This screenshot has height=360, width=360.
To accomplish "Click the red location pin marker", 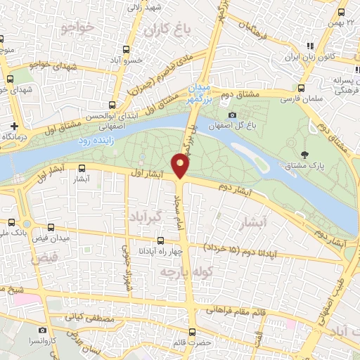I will coord(181,166).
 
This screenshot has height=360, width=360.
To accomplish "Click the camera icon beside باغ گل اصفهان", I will coord(233,115).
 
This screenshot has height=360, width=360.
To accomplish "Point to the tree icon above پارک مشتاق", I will coord(304,154).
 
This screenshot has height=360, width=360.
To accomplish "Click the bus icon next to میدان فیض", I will coord(51,228).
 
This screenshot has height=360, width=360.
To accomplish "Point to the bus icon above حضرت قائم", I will coord(192,331).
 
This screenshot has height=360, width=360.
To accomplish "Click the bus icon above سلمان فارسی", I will coord(301,89).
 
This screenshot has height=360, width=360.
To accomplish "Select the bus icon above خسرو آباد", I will coord(127,49).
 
